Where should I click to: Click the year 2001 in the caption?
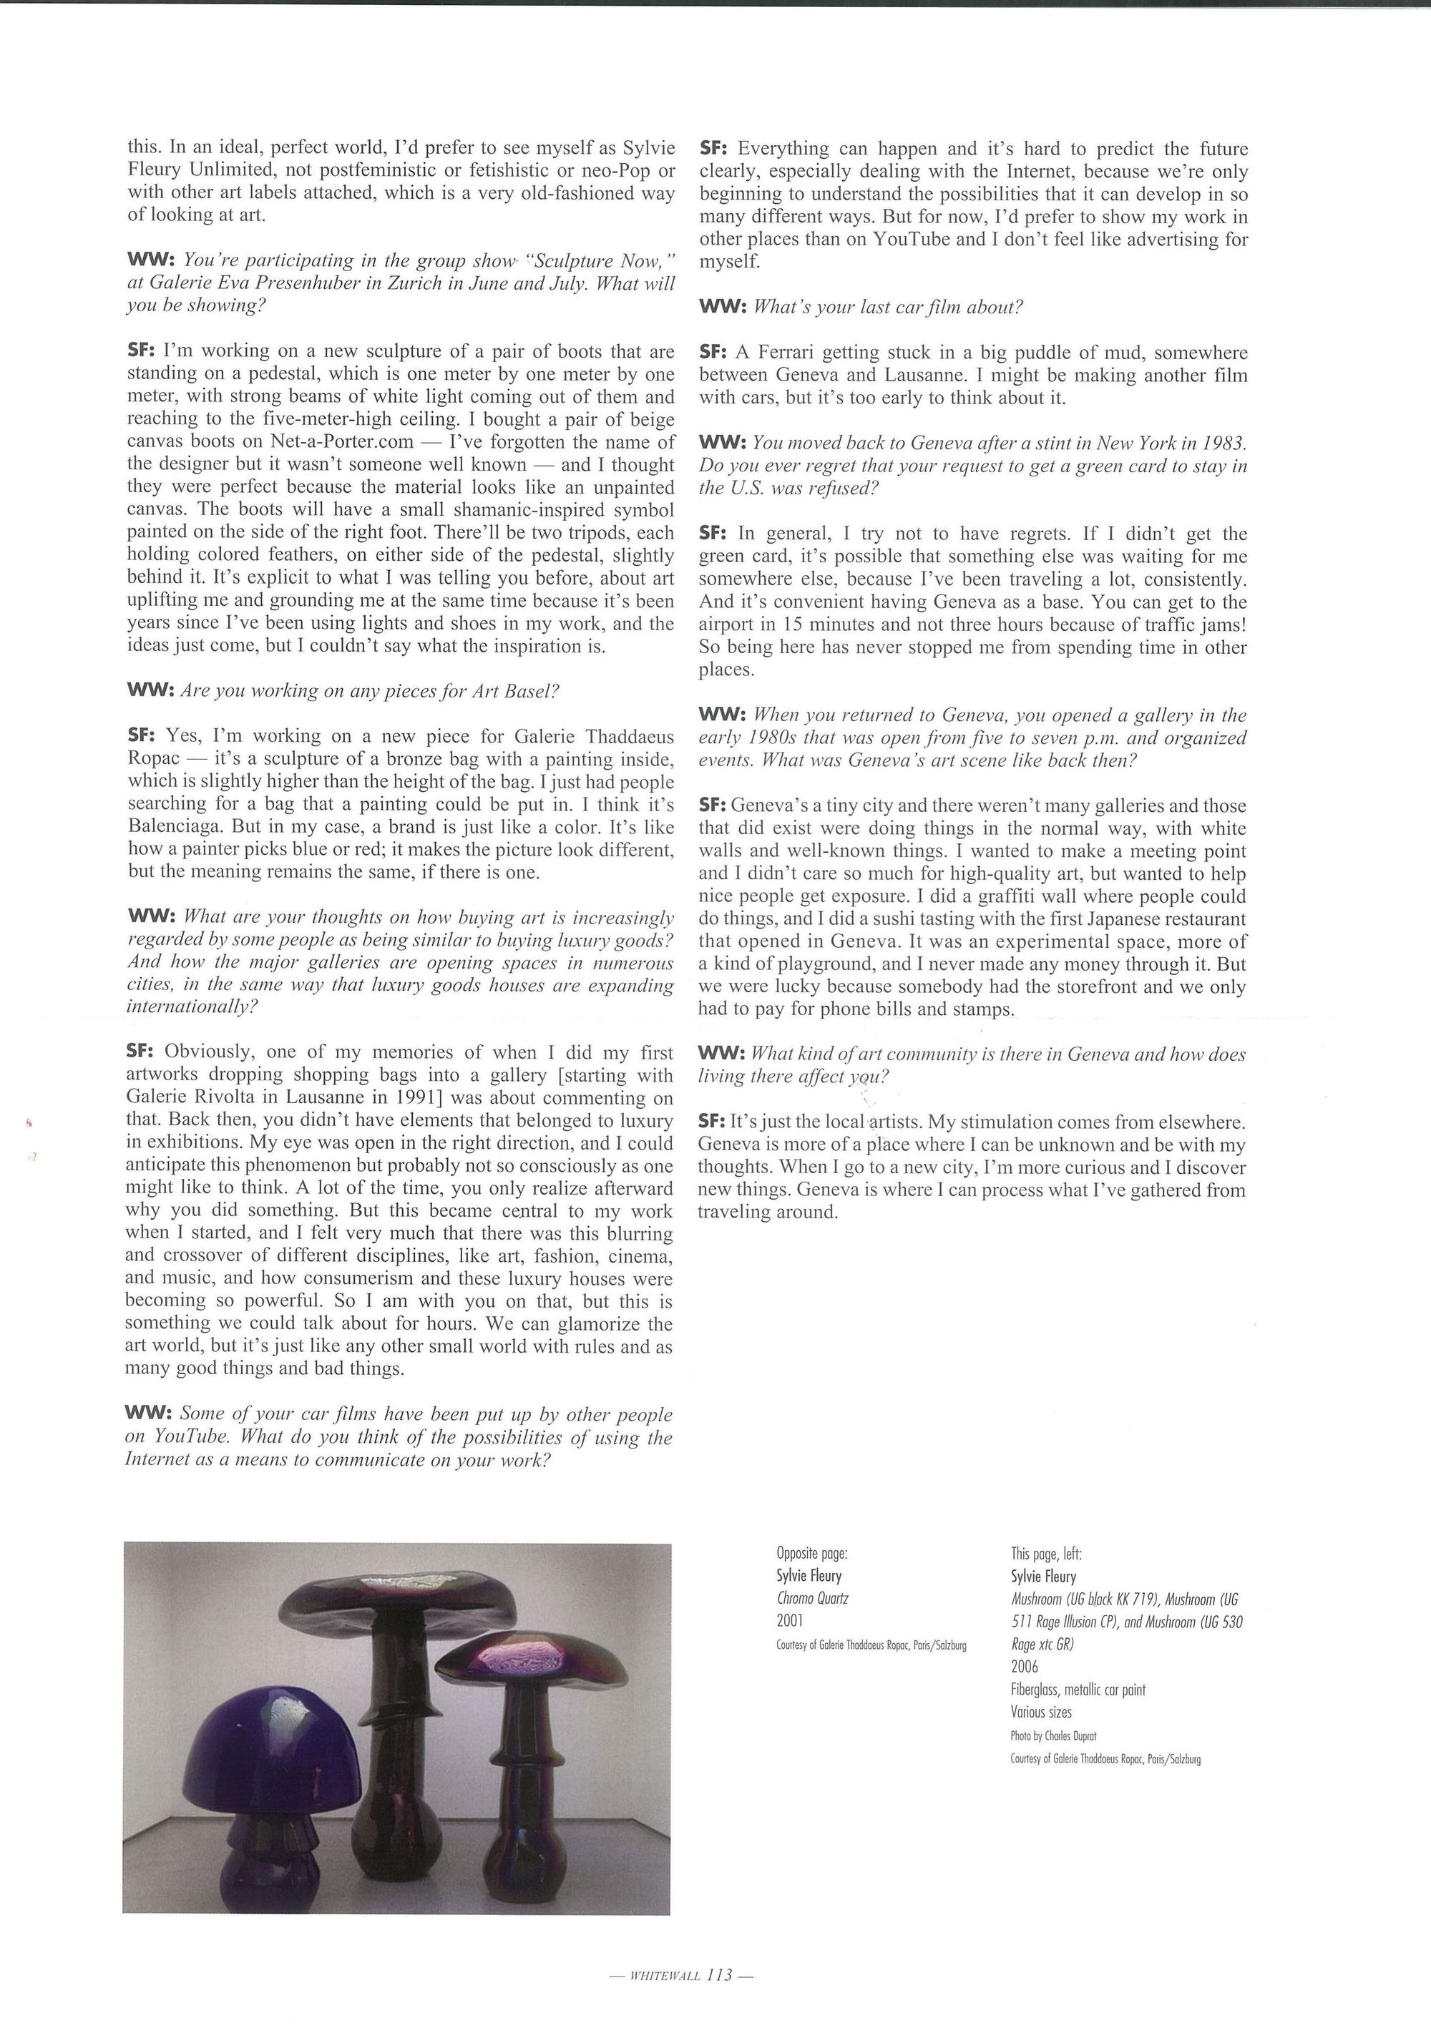(791, 1620)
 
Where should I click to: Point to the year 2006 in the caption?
(1025, 1666)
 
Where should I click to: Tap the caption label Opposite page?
(812, 1552)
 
